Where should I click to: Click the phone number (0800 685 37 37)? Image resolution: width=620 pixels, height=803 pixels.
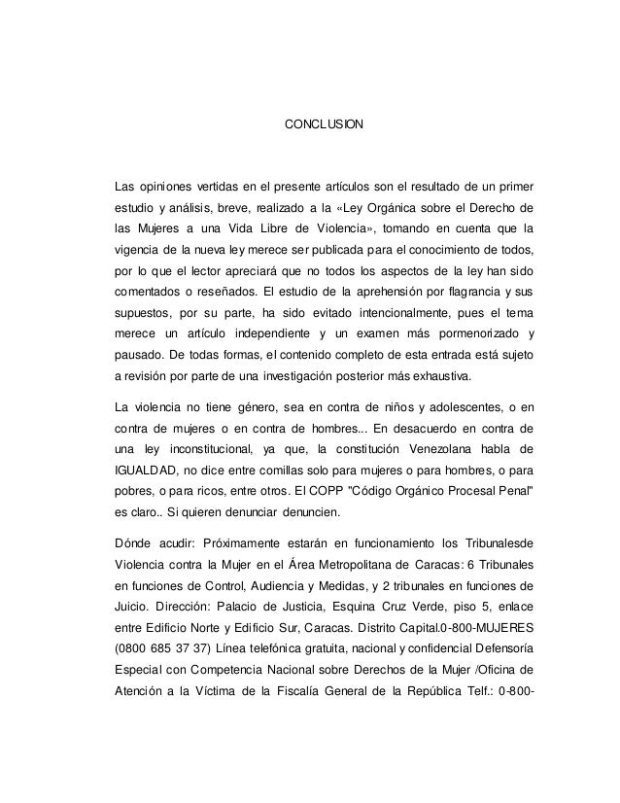tap(168, 650)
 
